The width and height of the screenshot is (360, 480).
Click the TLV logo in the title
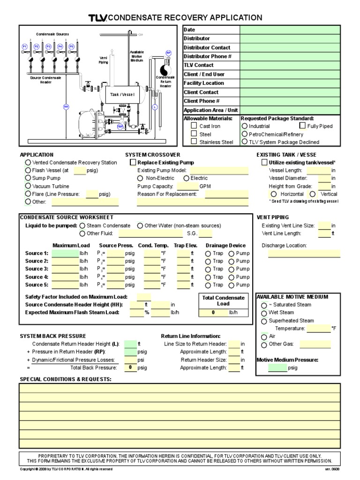(97, 18)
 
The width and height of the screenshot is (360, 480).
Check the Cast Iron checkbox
(194, 126)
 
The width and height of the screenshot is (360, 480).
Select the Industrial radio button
(245, 126)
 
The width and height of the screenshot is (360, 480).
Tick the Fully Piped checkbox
(302, 126)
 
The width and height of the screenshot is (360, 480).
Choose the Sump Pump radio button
(28, 179)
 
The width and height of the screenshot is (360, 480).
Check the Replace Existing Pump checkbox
(133, 163)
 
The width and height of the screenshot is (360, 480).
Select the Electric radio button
(187, 178)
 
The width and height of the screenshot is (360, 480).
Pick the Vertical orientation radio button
(313, 194)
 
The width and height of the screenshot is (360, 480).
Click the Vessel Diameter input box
(324, 178)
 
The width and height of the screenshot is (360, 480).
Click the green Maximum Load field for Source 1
(65, 254)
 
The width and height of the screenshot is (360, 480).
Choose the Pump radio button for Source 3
(232, 269)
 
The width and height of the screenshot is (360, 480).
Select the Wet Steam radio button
(264, 313)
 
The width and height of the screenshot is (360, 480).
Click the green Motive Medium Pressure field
(277, 368)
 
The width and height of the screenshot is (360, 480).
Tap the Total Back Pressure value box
(130, 368)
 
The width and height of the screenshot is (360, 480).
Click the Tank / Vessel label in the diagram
(122, 94)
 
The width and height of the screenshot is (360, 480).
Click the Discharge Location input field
(304, 254)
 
